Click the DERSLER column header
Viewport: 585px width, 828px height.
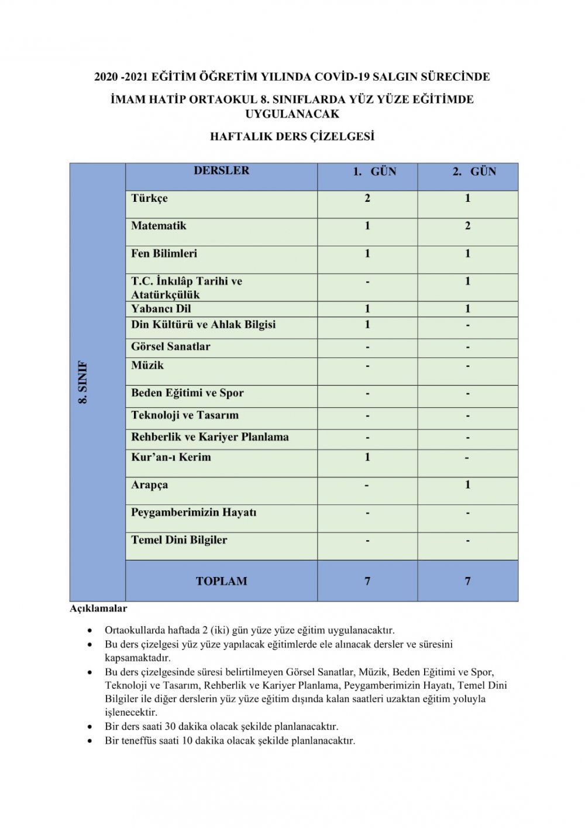pos(221,170)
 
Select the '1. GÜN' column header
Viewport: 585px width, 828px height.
pos(374,171)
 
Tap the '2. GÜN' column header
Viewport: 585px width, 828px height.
pos(474,171)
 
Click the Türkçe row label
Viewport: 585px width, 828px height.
pos(149,198)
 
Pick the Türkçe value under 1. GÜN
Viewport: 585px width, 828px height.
pos(367,198)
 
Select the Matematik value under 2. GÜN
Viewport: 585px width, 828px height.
pos(467,226)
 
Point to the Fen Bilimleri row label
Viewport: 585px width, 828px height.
pos(164,253)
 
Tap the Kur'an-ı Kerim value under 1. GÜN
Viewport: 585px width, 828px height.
pos(367,457)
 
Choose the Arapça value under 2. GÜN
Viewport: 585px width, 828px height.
pos(467,485)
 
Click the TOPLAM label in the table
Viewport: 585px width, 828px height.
pos(221,581)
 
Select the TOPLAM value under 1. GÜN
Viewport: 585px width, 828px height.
pos(367,581)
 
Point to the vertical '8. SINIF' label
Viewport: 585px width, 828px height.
pos(83,382)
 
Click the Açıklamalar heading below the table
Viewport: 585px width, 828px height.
pos(98,609)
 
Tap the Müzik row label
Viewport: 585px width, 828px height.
pos(147,365)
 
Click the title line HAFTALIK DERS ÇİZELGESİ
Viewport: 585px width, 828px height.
pos(292,136)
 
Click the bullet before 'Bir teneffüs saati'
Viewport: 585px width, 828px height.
pos(90,741)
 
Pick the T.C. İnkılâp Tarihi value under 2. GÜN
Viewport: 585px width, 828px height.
pos(467,281)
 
